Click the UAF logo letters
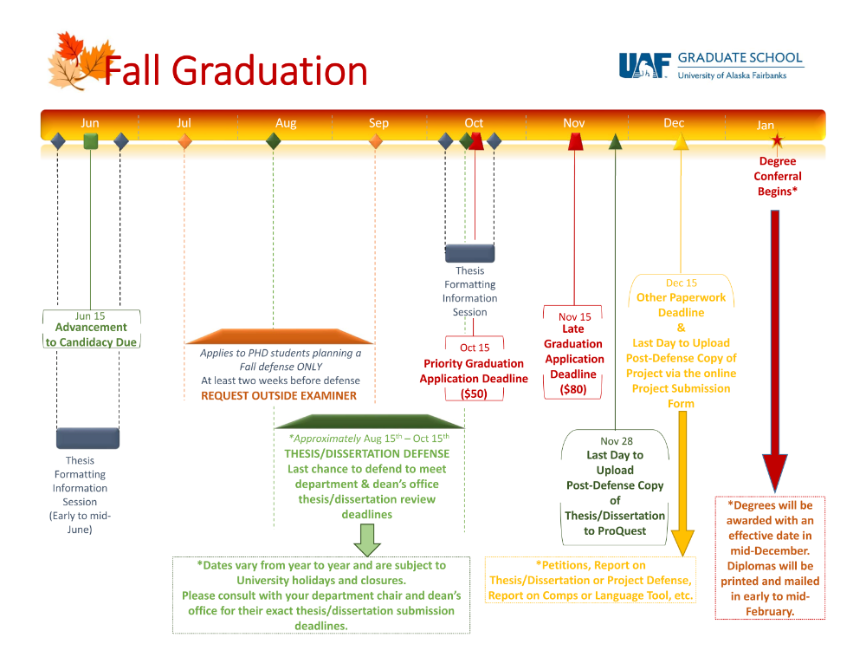coord(643,67)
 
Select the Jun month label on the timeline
coord(90,123)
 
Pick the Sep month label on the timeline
coord(378,123)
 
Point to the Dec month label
coord(674,123)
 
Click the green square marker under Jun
coord(90,140)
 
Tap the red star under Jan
coord(777,140)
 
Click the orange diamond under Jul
coord(184,140)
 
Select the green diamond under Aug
coord(273,140)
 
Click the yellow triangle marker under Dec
coord(681,140)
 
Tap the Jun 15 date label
coord(90,316)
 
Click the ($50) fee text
coord(474,394)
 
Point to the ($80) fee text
coord(573,389)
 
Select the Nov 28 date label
coord(617,441)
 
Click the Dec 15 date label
coord(681,283)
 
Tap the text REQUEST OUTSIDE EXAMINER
coord(279,395)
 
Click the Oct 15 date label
coord(475,348)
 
